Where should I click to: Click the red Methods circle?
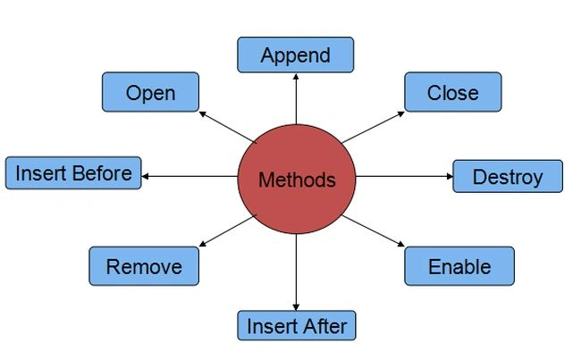point(297,180)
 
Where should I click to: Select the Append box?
point(295,54)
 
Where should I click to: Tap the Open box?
point(150,92)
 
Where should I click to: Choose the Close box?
point(453,92)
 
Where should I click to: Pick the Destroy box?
point(508,176)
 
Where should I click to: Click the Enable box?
point(459,266)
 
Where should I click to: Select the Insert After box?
point(297,325)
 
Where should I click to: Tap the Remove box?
point(144,266)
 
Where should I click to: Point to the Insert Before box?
point(73,173)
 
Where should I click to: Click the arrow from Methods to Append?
point(296,99)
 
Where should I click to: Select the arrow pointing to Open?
point(228,127)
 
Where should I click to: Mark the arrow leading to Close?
point(373,127)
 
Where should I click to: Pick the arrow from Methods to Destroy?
point(404,176)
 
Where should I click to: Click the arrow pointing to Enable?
point(373,230)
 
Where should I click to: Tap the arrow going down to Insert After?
point(296,272)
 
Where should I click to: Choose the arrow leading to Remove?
point(228,230)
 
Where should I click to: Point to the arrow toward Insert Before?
point(189,176)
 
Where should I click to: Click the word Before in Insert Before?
point(102,173)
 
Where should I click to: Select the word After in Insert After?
point(323,326)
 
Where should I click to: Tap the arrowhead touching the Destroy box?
point(450,176)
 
